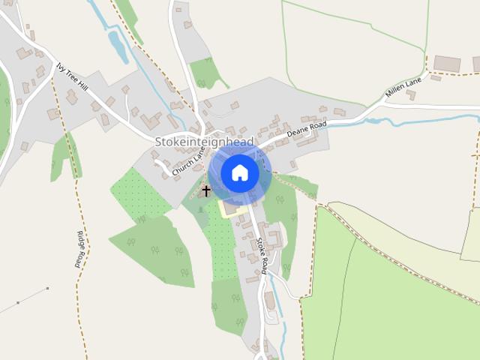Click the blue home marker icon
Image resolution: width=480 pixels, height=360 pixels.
(x=239, y=173)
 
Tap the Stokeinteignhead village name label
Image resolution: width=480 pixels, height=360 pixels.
(x=204, y=142)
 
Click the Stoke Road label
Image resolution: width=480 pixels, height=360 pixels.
(x=261, y=255)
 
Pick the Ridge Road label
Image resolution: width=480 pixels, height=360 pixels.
(x=79, y=249)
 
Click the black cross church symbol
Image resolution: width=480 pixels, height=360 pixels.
(x=206, y=192)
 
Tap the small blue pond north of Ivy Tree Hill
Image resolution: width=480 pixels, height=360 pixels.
(x=118, y=46)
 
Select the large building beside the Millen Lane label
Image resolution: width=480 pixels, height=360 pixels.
(x=447, y=64)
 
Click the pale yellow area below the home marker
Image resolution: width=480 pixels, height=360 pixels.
(x=232, y=207)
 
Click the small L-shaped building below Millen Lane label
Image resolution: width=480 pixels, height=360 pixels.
(x=411, y=95)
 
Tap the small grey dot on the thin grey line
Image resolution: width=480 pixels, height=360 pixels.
(x=47, y=288)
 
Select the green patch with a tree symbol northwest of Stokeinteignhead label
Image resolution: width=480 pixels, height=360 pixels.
(x=204, y=73)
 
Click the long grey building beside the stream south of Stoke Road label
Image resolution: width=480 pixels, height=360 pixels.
(x=269, y=301)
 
